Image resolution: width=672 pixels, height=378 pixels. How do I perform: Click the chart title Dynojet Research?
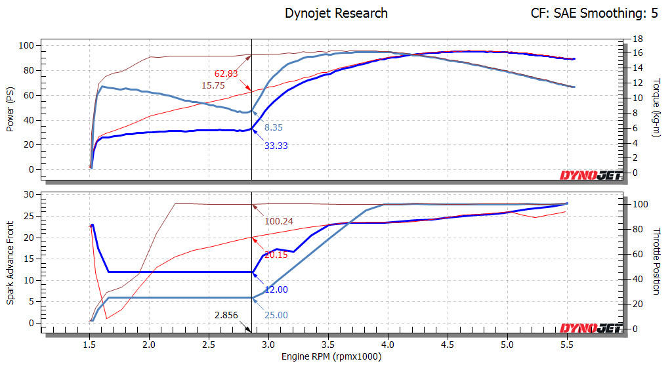point(336,13)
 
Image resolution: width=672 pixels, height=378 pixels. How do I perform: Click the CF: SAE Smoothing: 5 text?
point(594,13)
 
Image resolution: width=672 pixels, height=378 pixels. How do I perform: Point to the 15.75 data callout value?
point(213,85)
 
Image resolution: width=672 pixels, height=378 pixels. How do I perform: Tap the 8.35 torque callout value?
point(274,127)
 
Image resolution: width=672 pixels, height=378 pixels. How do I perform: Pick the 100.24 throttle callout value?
point(279,221)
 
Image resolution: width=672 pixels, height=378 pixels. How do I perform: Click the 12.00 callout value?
point(276,289)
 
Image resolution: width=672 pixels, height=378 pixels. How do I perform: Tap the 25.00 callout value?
point(276,316)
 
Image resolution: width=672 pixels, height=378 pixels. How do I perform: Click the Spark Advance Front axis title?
point(10,261)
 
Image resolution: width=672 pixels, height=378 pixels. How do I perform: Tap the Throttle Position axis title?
point(657,261)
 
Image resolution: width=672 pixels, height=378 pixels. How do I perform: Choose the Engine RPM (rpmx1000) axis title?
point(331,357)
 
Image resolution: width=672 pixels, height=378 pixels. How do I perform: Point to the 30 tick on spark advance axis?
point(29,194)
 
